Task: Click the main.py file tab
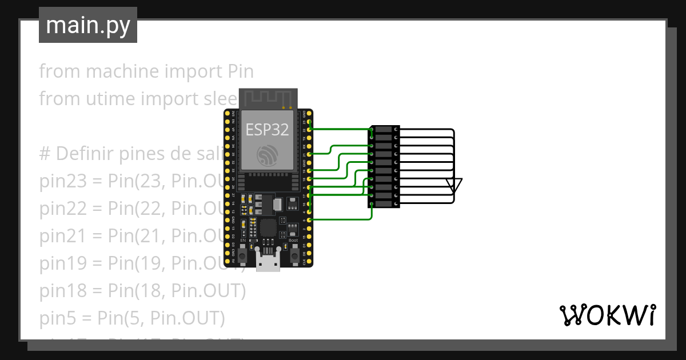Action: tap(88, 25)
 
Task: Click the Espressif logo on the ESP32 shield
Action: tap(268, 155)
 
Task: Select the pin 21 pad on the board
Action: tap(309, 154)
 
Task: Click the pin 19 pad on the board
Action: tap(309, 171)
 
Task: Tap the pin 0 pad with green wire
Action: tap(309, 220)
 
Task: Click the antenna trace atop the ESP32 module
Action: tap(268, 98)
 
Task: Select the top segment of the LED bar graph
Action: tap(384, 130)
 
